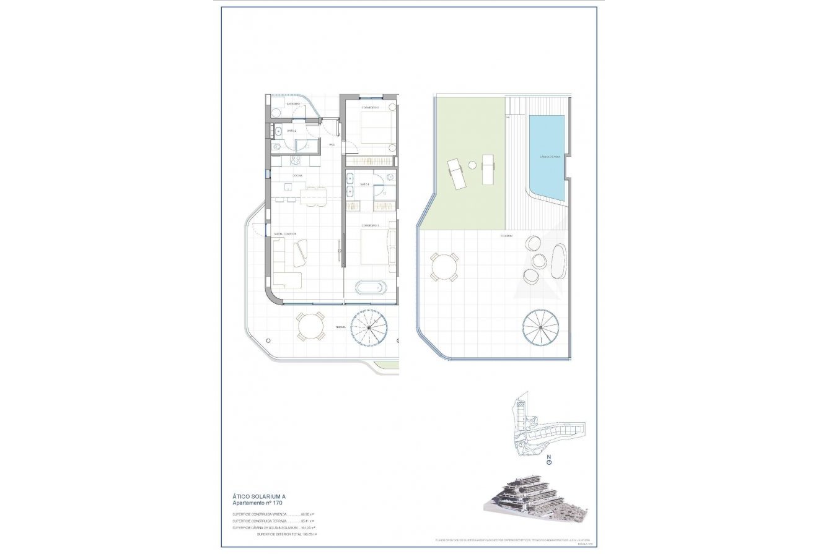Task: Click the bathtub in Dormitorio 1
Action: pyautogui.click(x=370, y=287)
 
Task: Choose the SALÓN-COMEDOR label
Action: pyautogui.click(x=285, y=233)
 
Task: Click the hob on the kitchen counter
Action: pyautogui.click(x=295, y=161)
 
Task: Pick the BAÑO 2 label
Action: pyautogui.click(x=291, y=131)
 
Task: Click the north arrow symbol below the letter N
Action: pyautogui.click(x=549, y=461)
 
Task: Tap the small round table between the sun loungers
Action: pyautogui.click(x=472, y=165)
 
